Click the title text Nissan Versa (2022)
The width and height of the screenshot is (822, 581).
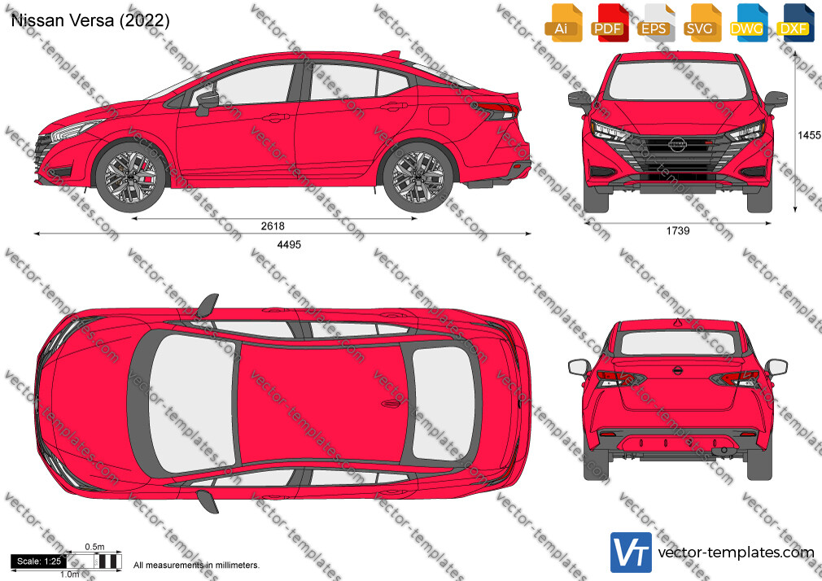tap(90, 20)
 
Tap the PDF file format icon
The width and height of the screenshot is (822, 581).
tap(610, 23)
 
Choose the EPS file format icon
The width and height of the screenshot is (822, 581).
tap(656, 23)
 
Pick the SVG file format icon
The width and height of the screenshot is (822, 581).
tap(702, 23)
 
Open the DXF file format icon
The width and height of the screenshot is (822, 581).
tap(796, 23)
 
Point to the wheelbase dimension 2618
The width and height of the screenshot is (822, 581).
tap(273, 226)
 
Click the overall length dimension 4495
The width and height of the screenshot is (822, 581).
tap(289, 244)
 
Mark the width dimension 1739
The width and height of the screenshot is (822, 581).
tap(678, 231)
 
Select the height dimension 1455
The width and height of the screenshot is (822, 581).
tap(809, 135)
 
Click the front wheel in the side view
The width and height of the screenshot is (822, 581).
tap(130, 177)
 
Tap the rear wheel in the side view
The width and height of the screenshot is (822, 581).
tap(418, 177)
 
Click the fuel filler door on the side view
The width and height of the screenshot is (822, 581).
tap(439, 116)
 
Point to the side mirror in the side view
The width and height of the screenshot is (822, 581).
tap(207, 103)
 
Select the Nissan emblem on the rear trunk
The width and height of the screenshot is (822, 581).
tap(678, 371)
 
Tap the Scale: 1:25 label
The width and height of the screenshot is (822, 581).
tap(39, 561)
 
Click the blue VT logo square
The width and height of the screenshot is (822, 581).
tap(632, 553)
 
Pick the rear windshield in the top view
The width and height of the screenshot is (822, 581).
tap(444, 404)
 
